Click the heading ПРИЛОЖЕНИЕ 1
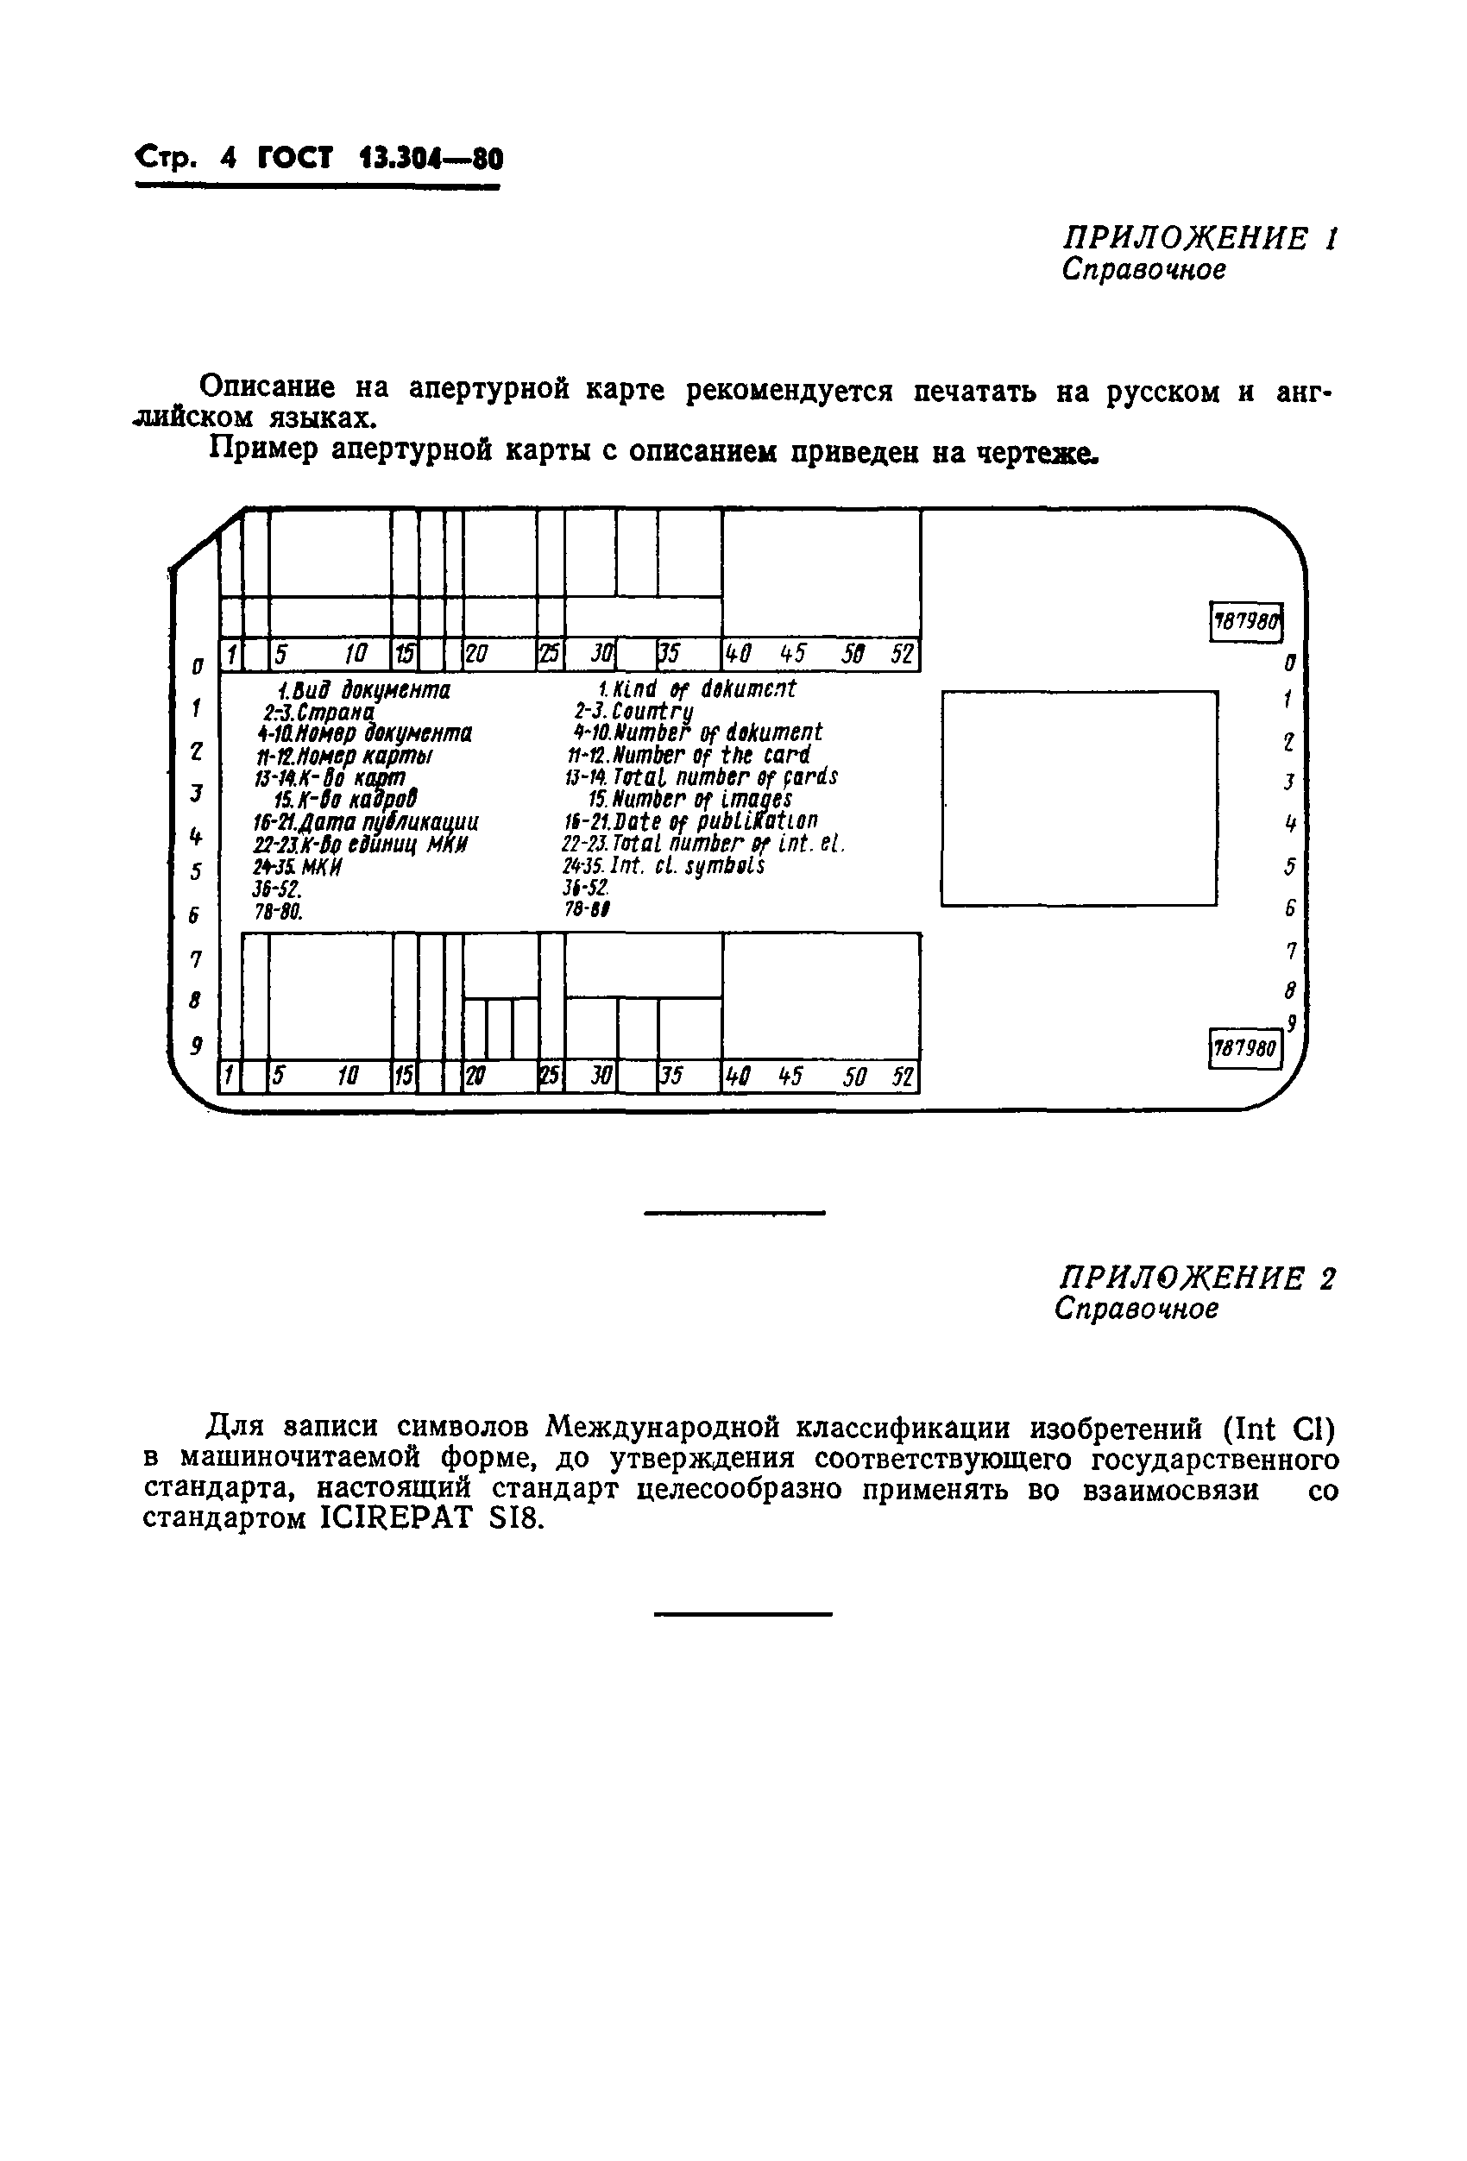tap(1199, 239)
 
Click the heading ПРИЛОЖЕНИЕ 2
tap(1196, 1278)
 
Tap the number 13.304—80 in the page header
tap(431, 159)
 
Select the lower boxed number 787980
tap(1244, 1049)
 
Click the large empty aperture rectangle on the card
tap(1078, 798)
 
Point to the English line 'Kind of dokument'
tap(696, 689)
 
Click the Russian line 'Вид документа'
tap(365, 691)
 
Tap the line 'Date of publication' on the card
tap(690, 821)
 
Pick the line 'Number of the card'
tap(689, 754)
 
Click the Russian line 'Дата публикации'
tap(366, 822)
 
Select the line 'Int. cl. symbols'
tap(664, 866)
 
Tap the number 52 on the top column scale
tap(902, 655)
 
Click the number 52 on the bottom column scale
tap(902, 1077)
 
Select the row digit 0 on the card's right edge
tap(1289, 663)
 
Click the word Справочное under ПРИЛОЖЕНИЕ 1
tap(1143, 271)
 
